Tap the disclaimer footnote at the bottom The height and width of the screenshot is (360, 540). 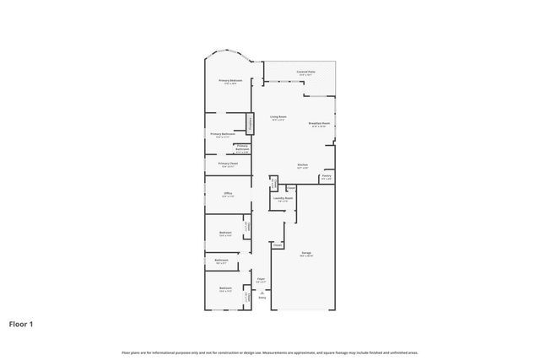269,352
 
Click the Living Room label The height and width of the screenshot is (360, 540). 278,117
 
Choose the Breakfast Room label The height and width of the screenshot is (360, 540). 318,124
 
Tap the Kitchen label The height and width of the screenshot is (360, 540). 302,165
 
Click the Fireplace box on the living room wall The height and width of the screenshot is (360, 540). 251,124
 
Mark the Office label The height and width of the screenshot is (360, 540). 227,195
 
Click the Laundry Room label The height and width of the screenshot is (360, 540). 283,199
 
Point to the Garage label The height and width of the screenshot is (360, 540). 305,253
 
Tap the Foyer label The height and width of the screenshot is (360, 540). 262,280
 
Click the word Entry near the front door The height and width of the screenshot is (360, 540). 262,298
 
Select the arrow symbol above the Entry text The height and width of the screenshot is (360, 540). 262,292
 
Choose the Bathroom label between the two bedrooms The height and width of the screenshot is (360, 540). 221,261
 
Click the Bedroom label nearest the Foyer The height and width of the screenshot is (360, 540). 225,289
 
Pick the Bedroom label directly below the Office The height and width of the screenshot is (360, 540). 225,234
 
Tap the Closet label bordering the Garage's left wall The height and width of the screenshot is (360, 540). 277,245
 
